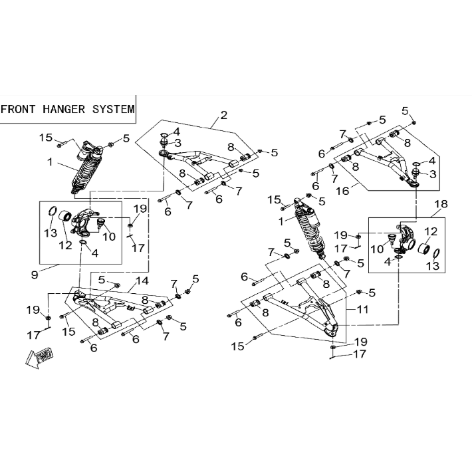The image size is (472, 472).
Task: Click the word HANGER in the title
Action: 64,109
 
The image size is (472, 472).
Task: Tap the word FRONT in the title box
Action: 18,109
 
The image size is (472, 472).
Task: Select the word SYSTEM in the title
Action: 114,109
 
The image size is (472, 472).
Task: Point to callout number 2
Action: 223,115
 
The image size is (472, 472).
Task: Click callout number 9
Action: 35,275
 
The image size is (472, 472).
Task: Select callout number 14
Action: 142,281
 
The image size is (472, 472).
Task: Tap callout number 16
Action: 342,191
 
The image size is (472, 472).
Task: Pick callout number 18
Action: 441,204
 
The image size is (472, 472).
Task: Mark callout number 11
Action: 362,309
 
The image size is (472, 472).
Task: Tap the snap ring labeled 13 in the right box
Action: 437,254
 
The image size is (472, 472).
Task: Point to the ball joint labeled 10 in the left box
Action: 100,223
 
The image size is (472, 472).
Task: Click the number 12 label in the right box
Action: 431,231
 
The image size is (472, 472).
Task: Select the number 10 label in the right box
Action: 377,249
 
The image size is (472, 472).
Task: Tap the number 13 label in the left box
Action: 51,233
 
